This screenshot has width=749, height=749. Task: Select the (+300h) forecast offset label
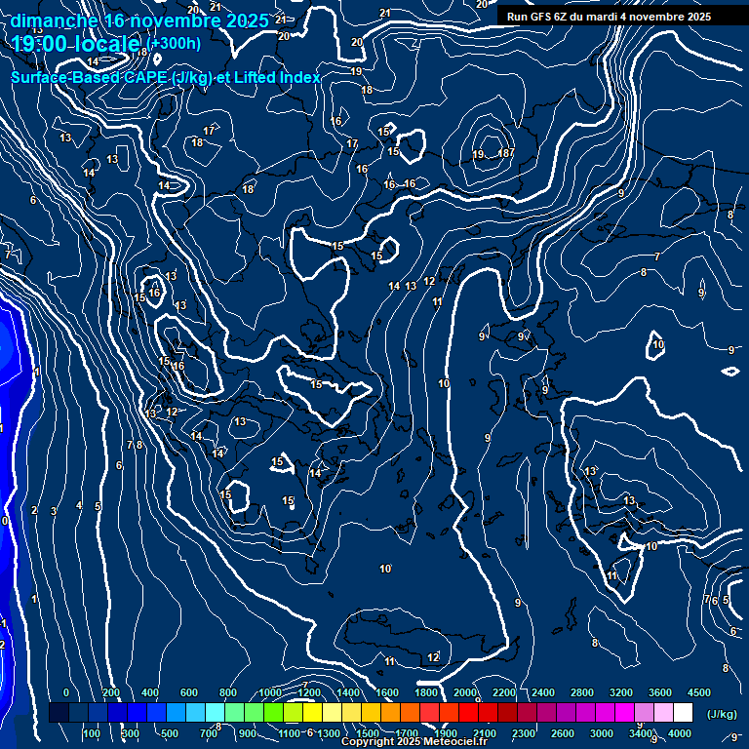click(176, 43)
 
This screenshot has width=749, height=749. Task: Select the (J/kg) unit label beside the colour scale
click(721, 714)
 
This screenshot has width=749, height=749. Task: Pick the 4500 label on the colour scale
click(698, 691)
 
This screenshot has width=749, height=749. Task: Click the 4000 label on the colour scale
click(680, 733)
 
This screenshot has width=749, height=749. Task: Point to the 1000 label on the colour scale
click(270, 691)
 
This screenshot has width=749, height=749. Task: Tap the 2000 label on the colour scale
click(465, 691)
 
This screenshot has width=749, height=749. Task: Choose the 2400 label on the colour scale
click(543, 691)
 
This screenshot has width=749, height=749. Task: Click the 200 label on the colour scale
click(111, 691)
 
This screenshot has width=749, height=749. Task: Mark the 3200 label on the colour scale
click(621, 691)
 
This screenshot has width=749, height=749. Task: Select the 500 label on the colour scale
click(170, 733)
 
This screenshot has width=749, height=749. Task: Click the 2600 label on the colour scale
click(563, 733)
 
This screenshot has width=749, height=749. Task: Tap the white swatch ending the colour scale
click(683, 713)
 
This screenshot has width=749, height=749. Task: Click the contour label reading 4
click(79, 505)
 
